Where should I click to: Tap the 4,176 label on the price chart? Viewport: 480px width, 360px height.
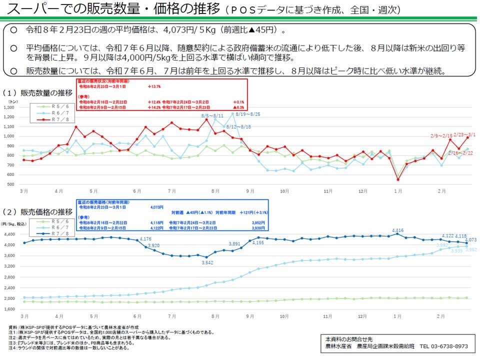click(x=145, y=239)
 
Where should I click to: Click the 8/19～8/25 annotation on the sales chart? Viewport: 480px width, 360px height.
click(x=248, y=114)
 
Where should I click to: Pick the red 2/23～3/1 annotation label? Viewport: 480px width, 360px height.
click(x=464, y=135)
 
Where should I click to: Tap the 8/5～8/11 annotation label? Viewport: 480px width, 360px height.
click(x=212, y=115)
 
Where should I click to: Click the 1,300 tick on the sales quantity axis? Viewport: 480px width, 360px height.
click(x=10, y=107)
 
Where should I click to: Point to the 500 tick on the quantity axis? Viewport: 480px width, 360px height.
click(x=11, y=184)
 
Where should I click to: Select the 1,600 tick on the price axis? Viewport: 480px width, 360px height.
click(x=10, y=309)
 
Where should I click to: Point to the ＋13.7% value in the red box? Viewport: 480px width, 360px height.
click(x=155, y=86)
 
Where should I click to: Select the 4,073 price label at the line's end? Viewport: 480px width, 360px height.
click(x=471, y=239)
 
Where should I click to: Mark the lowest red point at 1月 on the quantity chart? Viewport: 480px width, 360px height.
click(x=397, y=179)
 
